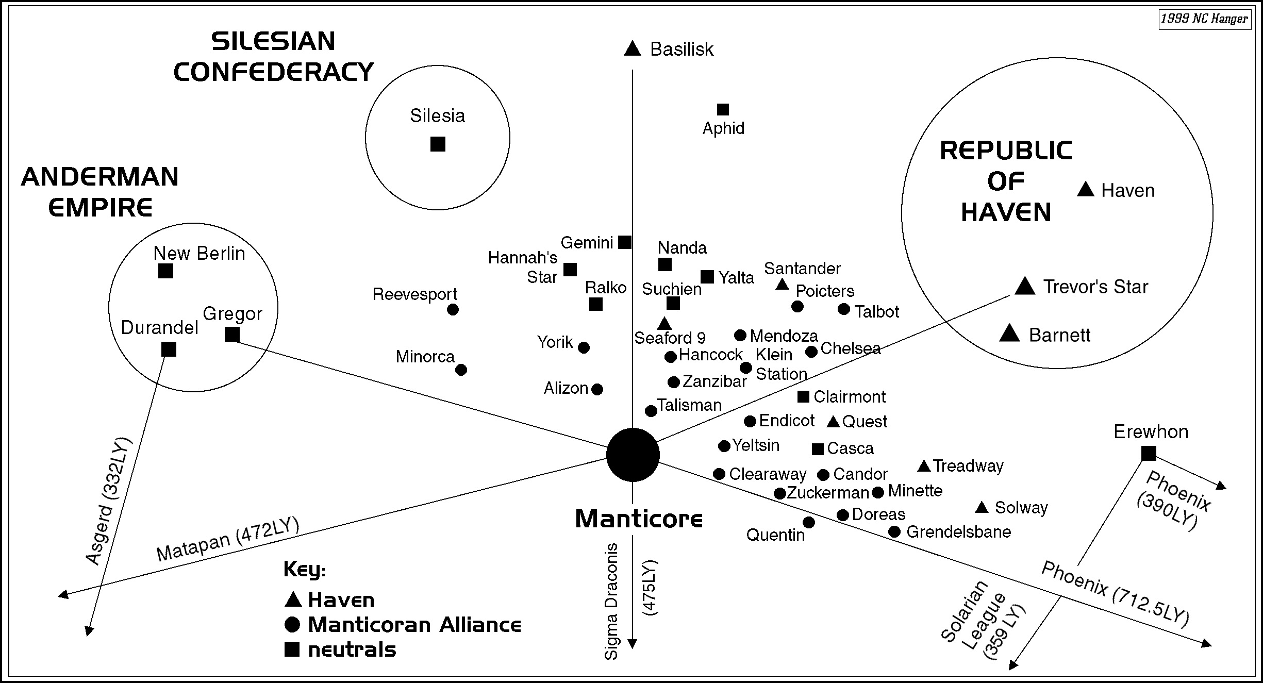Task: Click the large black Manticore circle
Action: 633,455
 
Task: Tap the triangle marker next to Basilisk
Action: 632,49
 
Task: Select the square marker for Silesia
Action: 438,144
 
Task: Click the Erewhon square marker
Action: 1149,454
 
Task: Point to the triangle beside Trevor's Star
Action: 1025,287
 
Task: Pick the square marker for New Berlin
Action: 165,271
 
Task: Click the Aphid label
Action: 723,128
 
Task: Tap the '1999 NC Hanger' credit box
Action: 1204,19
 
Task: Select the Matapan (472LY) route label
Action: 228,539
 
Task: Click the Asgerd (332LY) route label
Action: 108,501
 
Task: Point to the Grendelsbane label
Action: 958,532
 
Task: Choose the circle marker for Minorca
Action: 461,370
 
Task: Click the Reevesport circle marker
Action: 453,310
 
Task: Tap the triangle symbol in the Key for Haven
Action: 293,599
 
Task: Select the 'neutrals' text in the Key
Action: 352,650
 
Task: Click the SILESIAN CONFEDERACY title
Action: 273,57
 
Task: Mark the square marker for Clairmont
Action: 803,396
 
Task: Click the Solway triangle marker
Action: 982,508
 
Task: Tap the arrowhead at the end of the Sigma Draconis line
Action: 633,644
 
